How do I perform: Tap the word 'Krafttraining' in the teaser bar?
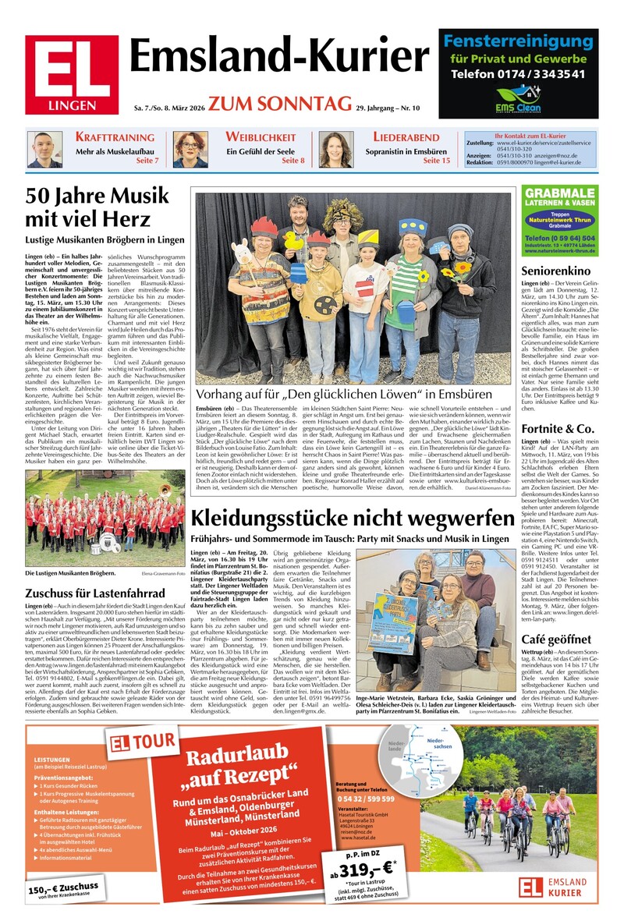pyautogui.click(x=115, y=137)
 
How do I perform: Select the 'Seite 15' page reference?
pyautogui.click(x=436, y=161)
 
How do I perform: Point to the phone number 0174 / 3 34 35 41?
pyautogui.click(x=518, y=74)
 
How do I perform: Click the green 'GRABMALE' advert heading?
pyautogui.click(x=560, y=193)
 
